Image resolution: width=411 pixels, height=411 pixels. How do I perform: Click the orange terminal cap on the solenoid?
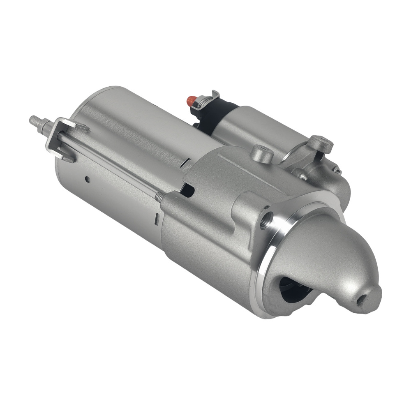(192, 99)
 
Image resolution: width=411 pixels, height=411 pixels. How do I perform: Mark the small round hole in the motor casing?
(87, 179)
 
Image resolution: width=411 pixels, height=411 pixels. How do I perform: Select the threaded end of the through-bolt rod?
(160, 196)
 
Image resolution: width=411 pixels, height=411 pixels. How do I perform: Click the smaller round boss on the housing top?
(262, 154)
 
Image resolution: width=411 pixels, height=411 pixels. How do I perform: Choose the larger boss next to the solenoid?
(320, 143)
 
